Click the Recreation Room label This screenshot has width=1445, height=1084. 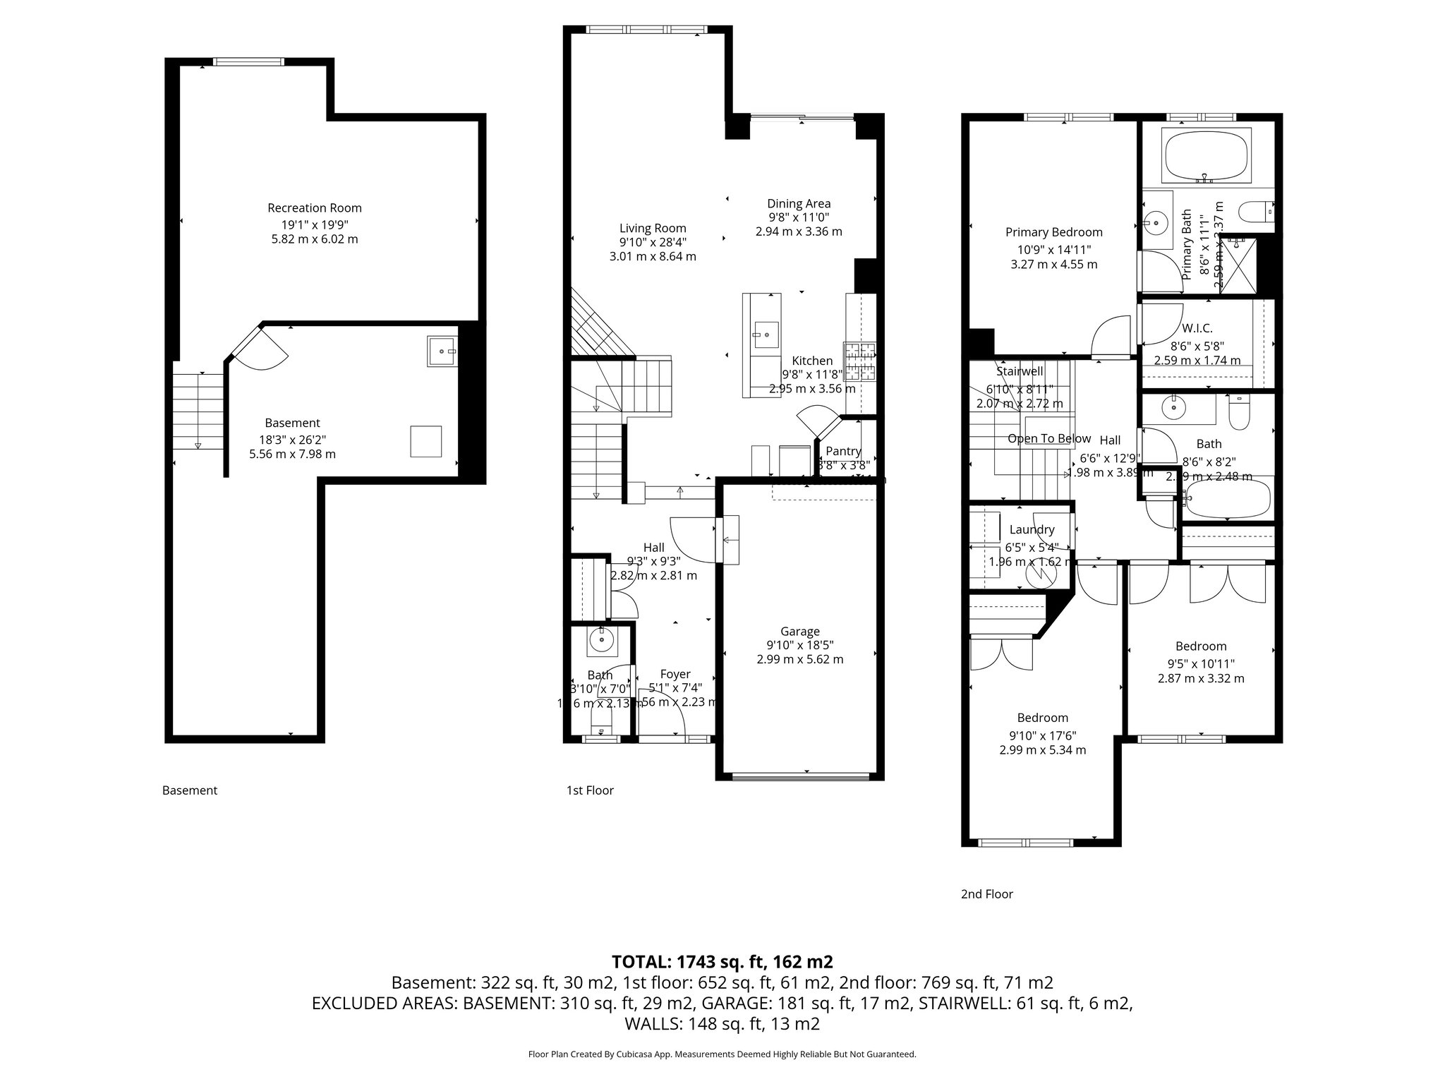coord(314,208)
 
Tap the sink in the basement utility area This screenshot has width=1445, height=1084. coord(442,351)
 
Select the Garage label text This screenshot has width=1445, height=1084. coord(799,632)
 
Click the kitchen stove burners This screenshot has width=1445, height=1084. coord(860,361)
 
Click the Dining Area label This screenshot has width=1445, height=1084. coord(799,204)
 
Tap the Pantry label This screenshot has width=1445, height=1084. coord(843,452)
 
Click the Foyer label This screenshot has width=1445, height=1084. coord(675,675)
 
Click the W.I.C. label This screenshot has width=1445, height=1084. coord(1197,329)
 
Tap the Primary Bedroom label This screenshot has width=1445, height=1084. coord(1053,232)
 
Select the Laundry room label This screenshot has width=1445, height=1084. coord(1032,530)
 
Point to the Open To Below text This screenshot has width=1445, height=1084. coord(1048,439)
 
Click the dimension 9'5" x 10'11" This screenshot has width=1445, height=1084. coord(1201,663)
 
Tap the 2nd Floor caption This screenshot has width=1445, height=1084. coord(986,894)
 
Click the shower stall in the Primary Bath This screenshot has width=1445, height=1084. coord(1238,265)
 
